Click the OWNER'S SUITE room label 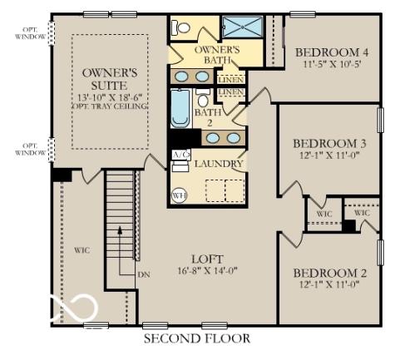click(x=109, y=80)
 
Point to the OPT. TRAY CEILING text click(x=109, y=106)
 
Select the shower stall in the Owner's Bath click(x=242, y=27)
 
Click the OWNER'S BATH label click(x=217, y=56)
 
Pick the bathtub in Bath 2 click(x=180, y=108)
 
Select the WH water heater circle click(x=178, y=195)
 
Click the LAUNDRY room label click(x=219, y=164)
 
